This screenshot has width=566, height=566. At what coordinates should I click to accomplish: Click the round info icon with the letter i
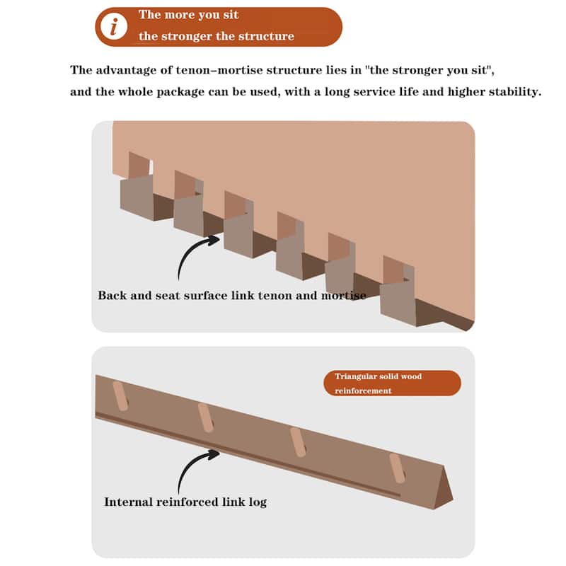[x=114, y=26]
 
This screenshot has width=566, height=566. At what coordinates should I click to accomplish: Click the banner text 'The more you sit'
[x=188, y=15]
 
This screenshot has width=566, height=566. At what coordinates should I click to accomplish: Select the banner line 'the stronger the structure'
[x=216, y=36]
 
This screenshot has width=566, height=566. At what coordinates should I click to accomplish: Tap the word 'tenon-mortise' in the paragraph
[x=220, y=69]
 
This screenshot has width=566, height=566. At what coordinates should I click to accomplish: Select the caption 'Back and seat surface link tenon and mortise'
[x=232, y=295]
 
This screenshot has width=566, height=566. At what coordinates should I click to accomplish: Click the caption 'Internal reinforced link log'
[x=185, y=502]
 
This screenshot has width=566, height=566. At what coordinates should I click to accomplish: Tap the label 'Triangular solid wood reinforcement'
[x=392, y=383]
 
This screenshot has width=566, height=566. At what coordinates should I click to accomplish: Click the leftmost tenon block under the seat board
[x=137, y=198]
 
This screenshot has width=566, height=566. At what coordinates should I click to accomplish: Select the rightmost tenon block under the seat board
[x=398, y=304]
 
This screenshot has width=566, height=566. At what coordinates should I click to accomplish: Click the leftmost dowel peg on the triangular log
[x=120, y=396]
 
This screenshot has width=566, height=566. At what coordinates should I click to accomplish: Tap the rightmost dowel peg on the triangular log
[x=397, y=468]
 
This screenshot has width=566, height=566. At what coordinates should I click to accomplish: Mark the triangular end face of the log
[x=444, y=487]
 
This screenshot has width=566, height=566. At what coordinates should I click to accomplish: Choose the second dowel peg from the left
[x=206, y=417]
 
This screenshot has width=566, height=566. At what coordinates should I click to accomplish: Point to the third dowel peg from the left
[x=298, y=442]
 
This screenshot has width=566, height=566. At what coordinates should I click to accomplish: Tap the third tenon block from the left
[x=238, y=235]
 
